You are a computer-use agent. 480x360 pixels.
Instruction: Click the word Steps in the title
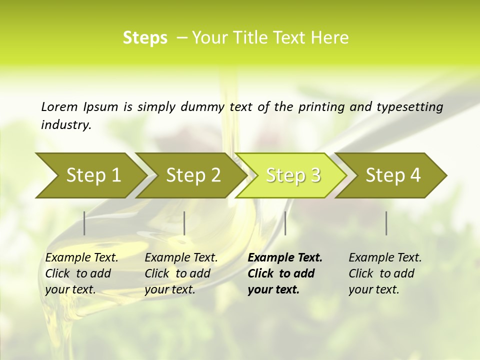click(145, 38)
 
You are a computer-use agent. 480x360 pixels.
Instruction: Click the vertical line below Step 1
click(84, 223)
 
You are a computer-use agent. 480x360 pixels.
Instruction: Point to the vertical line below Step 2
click(184, 223)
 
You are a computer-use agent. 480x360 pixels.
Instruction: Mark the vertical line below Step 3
click(285, 223)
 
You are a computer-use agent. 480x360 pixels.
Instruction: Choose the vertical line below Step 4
click(386, 223)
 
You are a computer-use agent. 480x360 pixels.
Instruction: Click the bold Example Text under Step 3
click(285, 258)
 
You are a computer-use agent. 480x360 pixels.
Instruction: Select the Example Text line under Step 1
click(81, 258)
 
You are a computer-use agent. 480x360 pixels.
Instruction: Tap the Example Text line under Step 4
click(385, 258)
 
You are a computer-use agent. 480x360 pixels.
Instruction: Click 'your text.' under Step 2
click(169, 289)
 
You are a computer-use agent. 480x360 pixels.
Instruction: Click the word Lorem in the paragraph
click(59, 106)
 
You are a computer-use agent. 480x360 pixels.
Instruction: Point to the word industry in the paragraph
click(65, 124)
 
